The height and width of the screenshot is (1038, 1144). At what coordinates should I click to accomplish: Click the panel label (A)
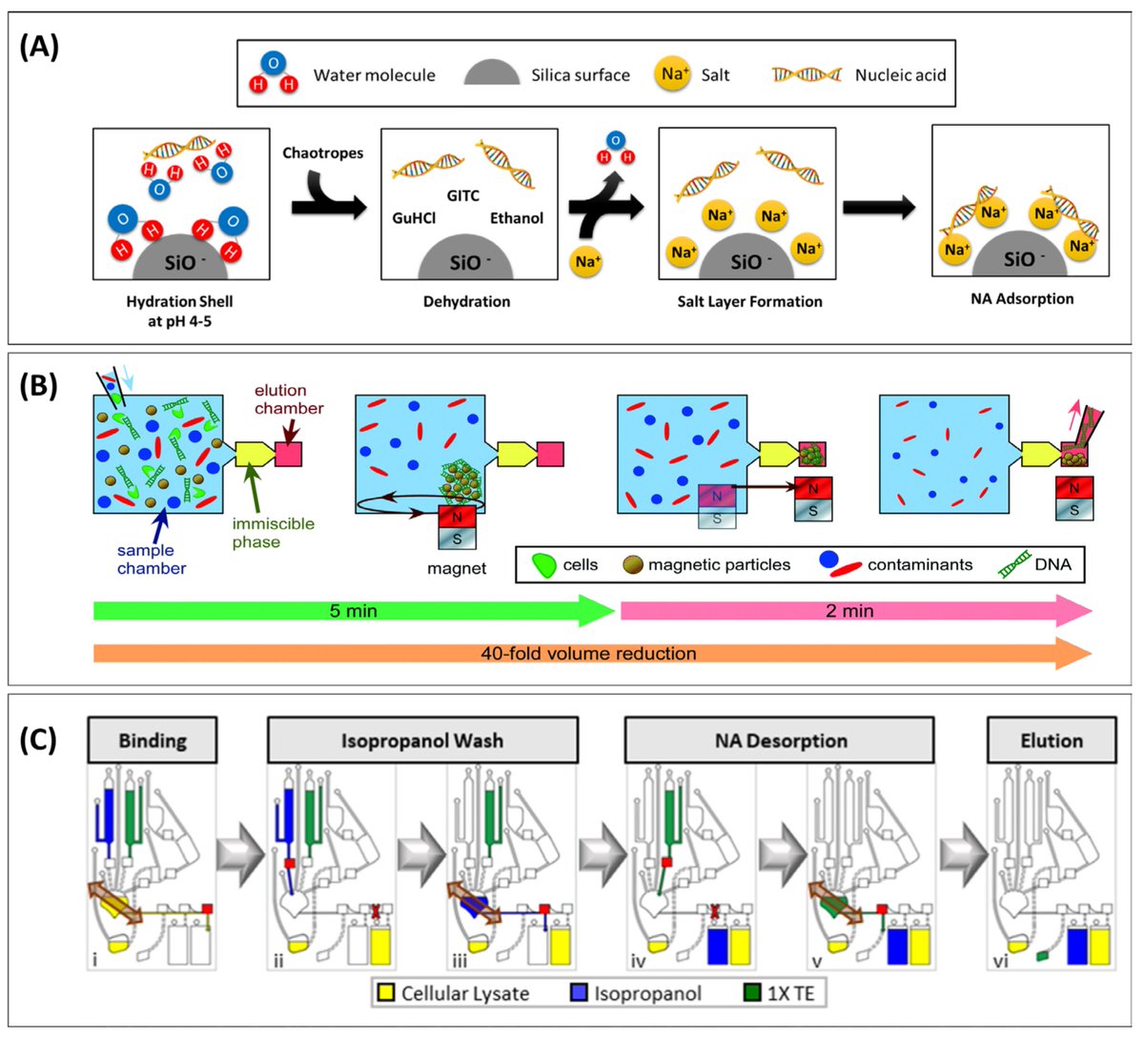[x=39, y=47]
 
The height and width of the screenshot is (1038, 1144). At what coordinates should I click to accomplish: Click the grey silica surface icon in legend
[x=491, y=74]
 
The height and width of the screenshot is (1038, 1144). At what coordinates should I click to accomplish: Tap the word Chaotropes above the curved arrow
[x=322, y=153]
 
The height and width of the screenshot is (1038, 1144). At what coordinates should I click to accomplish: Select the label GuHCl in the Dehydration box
[x=414, y=218]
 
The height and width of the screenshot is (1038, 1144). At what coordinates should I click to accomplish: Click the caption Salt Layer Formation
[x=749, y=301]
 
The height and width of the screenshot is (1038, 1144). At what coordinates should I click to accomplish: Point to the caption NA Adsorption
[x=1021, y=298]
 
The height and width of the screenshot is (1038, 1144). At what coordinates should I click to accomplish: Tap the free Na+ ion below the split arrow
[x=587, y=261]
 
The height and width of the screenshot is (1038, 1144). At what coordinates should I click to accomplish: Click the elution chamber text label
[x=288, y=398]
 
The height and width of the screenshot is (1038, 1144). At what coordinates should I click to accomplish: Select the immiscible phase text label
[x=273, y=532]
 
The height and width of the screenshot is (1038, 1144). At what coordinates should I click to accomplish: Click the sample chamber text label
[x=151, y=559]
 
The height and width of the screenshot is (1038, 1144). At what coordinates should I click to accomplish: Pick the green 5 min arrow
[x=353, y=610]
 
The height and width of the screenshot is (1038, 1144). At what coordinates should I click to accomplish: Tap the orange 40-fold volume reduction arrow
[x=589, y=654]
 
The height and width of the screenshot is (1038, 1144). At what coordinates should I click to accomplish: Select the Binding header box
[x=152, y=741]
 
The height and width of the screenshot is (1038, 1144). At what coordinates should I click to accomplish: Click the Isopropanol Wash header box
[x=422, y=741]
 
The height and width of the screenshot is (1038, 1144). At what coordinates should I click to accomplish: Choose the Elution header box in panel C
[x=1051, y=741]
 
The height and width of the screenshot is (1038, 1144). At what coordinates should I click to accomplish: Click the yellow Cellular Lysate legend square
[x=385, y=993]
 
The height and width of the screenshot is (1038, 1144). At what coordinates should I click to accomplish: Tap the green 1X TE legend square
[x=751, y=993]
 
